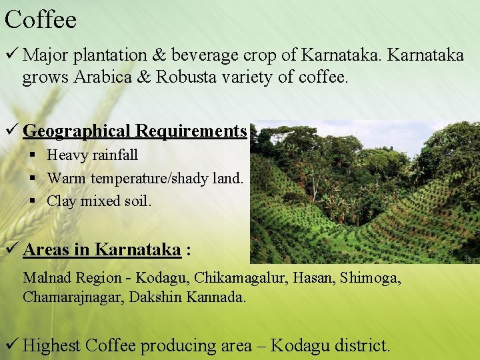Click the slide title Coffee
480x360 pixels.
(41, 19)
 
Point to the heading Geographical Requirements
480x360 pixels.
(135, 131)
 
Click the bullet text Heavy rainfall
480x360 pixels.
(93, 155)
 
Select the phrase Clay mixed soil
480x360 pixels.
(99, 201)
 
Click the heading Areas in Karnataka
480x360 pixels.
(102, 250)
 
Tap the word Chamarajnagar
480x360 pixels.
(71, 297)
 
